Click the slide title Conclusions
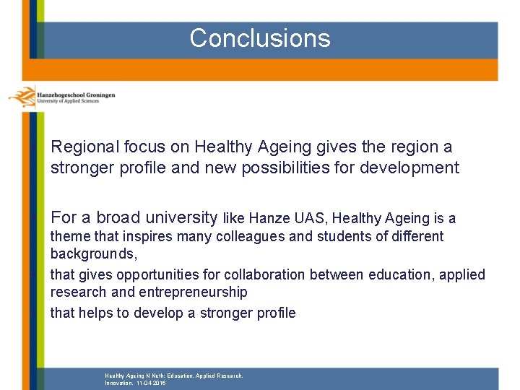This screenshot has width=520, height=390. pos(260,38)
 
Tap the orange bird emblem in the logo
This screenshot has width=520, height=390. pos(22,96)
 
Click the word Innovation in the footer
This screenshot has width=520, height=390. pos(118,383)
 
